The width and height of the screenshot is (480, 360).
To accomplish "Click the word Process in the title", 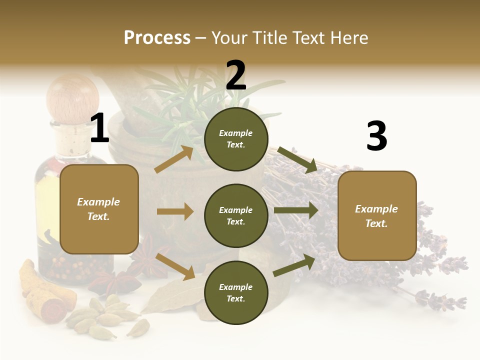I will (157, 37).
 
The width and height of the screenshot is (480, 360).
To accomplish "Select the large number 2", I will (236, 75).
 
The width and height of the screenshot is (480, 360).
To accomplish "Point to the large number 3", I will (376, 136).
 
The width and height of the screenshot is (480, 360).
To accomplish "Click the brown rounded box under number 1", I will (99, 209).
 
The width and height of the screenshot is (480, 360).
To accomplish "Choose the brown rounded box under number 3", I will (377, 215).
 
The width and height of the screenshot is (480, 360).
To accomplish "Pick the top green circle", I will (236, 139).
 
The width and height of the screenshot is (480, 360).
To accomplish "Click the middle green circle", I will (236, 215).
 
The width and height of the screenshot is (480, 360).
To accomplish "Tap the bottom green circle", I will (236, 292).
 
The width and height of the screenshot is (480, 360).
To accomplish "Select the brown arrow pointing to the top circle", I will (174, 158).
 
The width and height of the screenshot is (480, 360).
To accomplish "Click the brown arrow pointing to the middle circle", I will (175, 211).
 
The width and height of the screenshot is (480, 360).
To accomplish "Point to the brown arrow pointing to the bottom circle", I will (175, 266).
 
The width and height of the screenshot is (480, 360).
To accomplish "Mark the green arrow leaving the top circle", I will (297, 159).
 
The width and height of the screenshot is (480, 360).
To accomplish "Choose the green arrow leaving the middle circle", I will (296, 210).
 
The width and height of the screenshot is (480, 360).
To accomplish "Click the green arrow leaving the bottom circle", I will (294, 265).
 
